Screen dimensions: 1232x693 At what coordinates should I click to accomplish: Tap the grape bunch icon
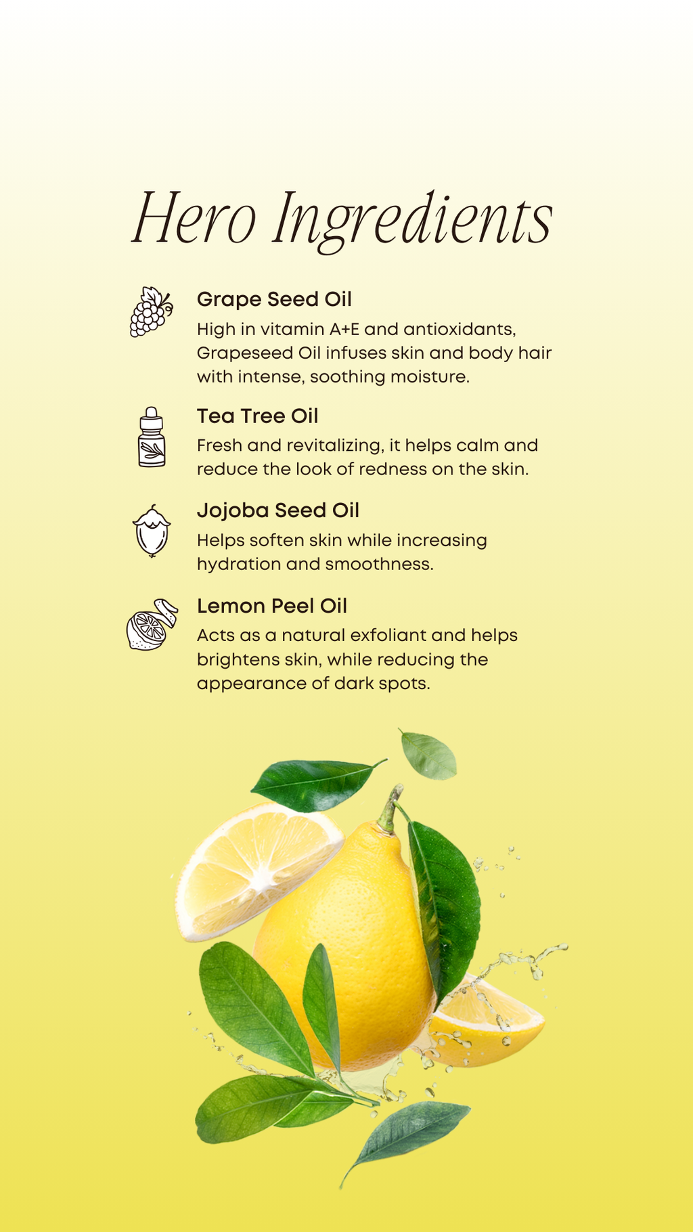pos(150,312)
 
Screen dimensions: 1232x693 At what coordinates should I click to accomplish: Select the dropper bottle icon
pos(152,437)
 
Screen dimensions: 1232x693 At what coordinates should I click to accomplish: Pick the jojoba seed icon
pos(152,531)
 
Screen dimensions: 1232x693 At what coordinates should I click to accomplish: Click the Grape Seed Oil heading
pos(274,299)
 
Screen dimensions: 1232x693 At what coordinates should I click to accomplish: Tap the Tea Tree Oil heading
pos(257,416)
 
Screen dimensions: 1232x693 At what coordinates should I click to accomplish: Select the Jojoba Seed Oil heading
pos(277,510)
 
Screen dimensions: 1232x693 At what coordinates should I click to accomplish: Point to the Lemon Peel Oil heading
pos(271,606)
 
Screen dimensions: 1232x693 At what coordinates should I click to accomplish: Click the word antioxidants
pos(460,330)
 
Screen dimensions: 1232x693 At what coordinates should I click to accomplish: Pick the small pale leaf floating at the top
pos(428,755)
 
